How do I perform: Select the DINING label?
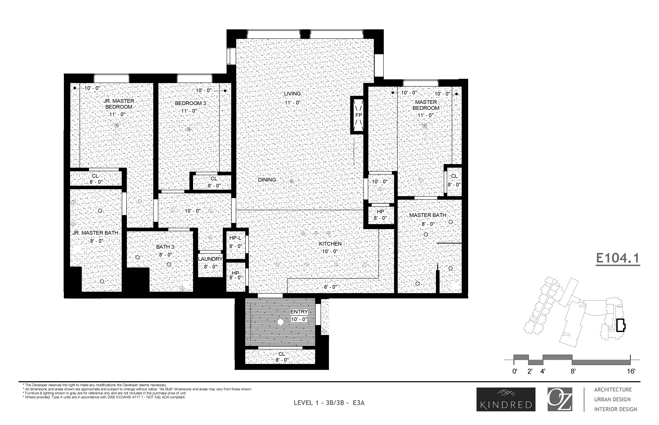(267, 180)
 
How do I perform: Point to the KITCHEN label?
(330, 244)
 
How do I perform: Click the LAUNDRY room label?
(210, 259)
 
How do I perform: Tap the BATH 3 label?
(165, 247)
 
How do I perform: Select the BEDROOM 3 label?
(190, 103)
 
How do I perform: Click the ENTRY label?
(299, 312)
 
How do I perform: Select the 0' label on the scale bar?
(515, 371)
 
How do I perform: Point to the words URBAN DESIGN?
(612, 399)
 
